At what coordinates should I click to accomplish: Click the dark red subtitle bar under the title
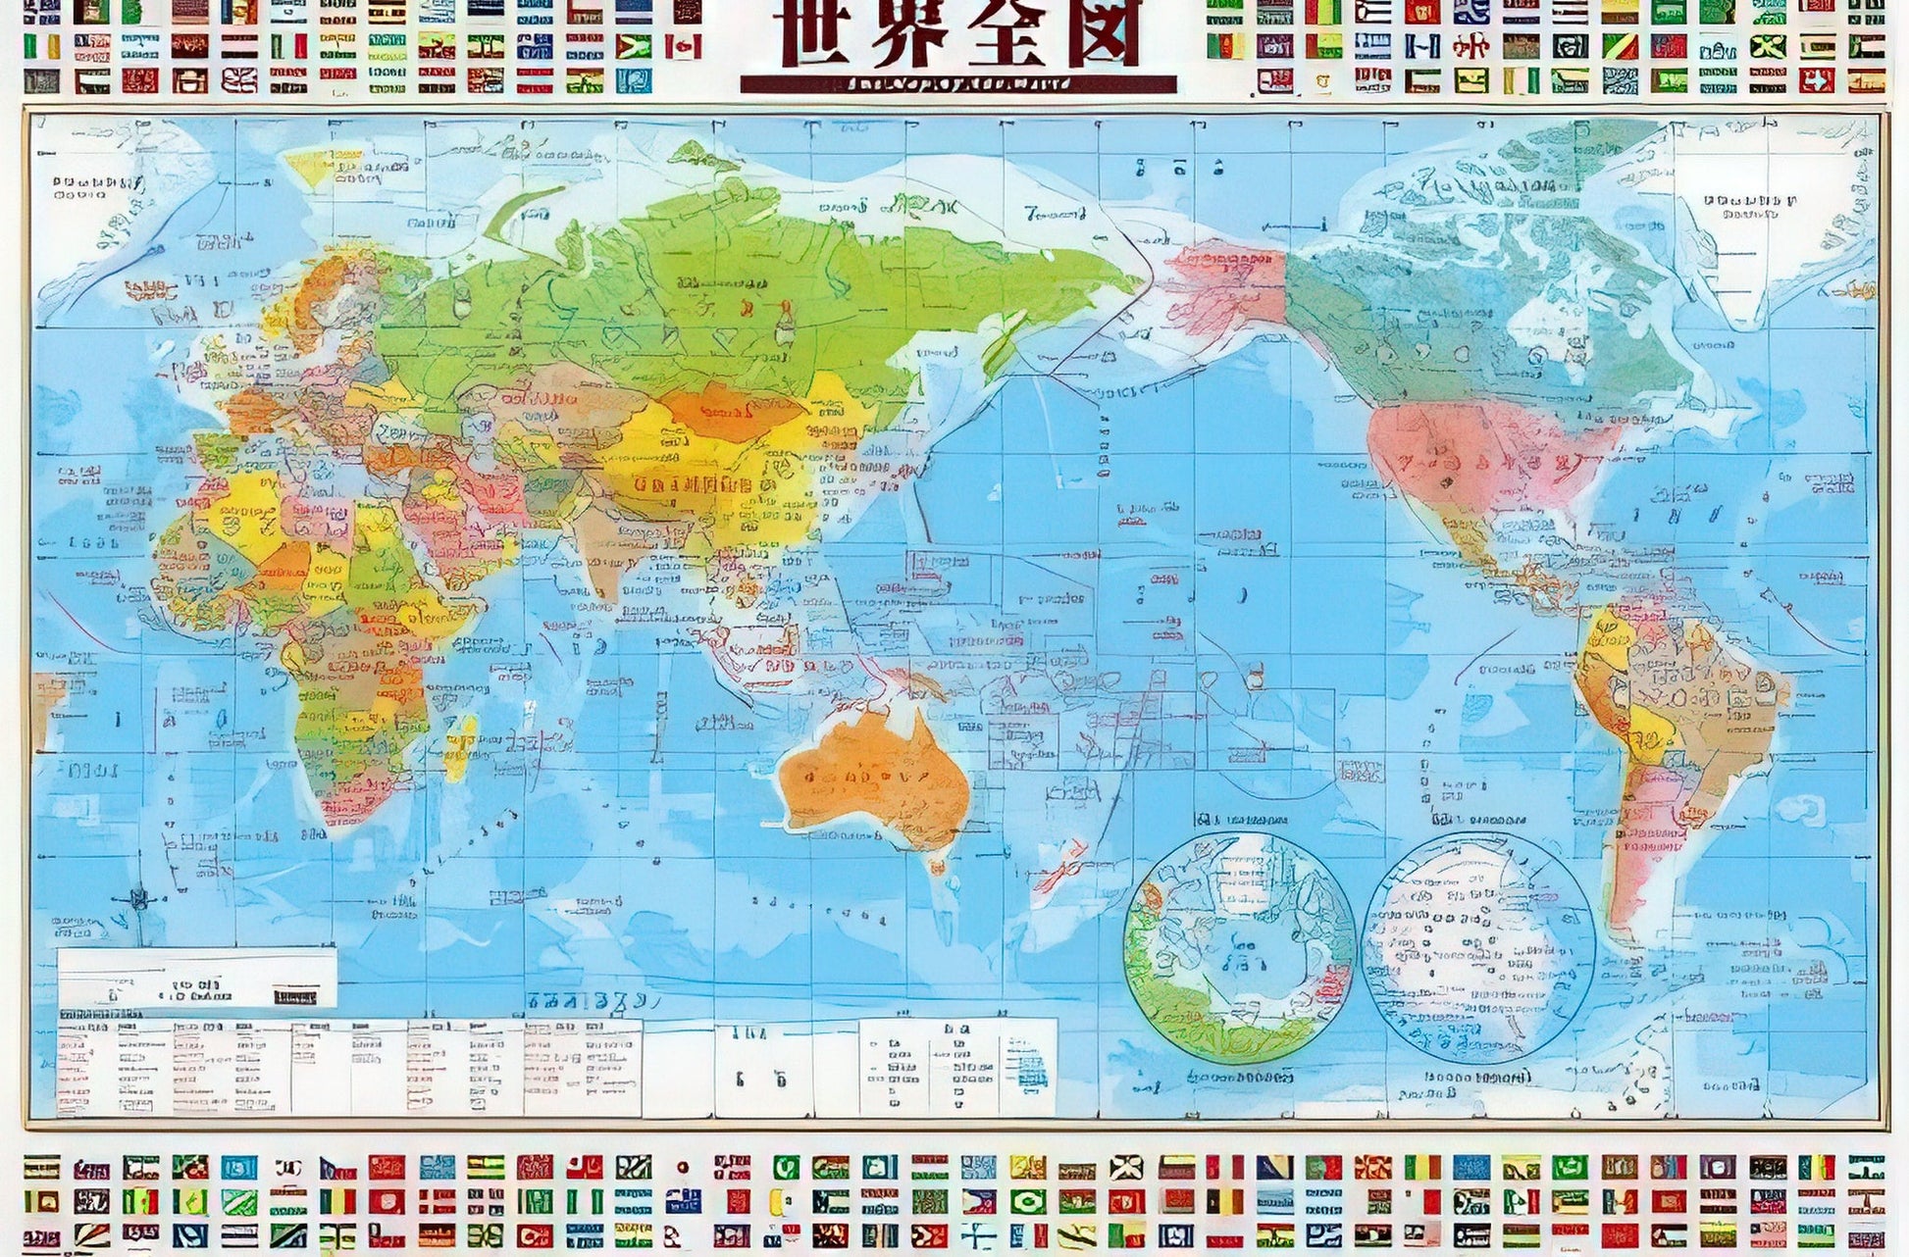tap(957, 85)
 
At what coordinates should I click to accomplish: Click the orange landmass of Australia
tap(873, 779)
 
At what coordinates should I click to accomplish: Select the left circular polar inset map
tap(1239, 947)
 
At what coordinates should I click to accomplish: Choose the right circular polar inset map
tap(1478, 947)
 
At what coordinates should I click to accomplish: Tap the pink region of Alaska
tap(1226, 284)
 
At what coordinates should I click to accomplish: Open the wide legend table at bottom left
tap(348, 1067)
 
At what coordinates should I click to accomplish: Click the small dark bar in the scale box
tap(295, 997)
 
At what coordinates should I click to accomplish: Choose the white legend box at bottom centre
tap(957, 1067)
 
